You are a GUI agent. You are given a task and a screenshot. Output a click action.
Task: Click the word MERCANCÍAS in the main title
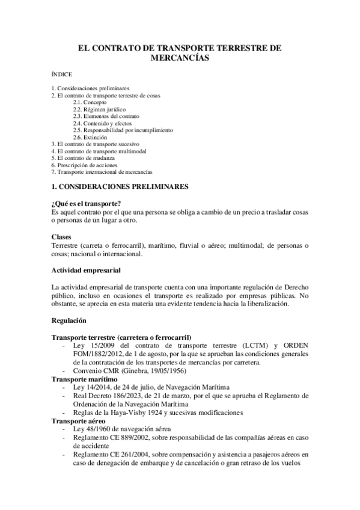180,58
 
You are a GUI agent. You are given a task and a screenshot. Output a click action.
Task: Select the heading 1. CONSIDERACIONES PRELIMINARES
120,186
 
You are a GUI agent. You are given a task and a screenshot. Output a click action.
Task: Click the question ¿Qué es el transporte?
87,204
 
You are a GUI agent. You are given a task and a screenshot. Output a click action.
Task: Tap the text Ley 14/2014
90,388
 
